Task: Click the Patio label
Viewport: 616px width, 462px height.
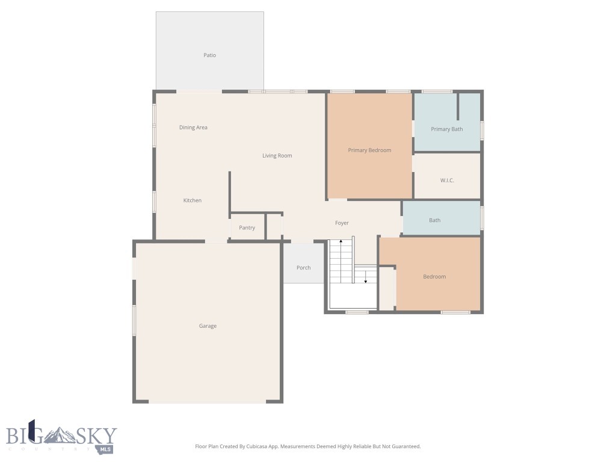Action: (209, 55)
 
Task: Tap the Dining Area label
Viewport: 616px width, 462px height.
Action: (193, 128)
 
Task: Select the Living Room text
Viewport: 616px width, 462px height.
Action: (277, 156)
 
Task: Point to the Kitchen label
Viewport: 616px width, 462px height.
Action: (192, 200)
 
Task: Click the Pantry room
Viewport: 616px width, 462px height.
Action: (247, 227)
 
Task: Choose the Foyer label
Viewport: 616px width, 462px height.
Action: (342, 223)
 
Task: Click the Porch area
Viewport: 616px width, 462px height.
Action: (303, 267)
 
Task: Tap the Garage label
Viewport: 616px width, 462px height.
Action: (208, 326)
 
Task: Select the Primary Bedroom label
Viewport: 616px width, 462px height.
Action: (369, 150)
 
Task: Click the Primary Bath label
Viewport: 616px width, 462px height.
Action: (446, 129)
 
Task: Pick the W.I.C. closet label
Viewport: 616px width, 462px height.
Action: (446, 180)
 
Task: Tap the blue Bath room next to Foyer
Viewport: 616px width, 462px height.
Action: (435, 220)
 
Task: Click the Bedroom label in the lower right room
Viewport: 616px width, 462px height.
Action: (434, 277)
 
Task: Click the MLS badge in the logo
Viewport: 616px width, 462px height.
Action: (107, 449)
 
